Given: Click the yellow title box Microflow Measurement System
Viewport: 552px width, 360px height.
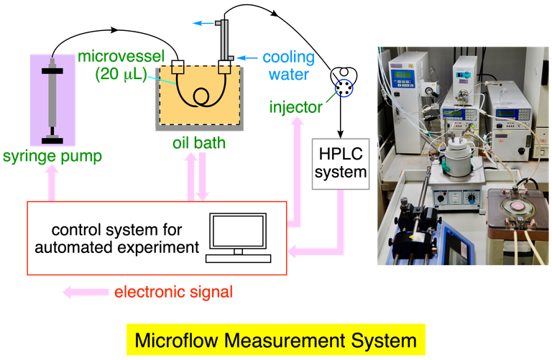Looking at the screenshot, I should (275, 339).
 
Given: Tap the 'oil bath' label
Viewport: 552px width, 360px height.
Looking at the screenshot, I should (199, 143).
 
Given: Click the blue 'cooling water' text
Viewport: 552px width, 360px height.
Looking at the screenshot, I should (286, 65).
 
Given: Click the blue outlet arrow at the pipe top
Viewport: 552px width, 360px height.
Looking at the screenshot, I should (203, 24).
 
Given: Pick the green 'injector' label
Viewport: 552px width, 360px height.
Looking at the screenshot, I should (295, 109).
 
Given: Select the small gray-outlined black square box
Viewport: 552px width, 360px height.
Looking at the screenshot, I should (340, 164).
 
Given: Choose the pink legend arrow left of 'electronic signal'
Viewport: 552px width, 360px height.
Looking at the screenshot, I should (83, 292).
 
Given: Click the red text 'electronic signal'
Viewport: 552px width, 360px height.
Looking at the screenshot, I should (174, 292).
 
